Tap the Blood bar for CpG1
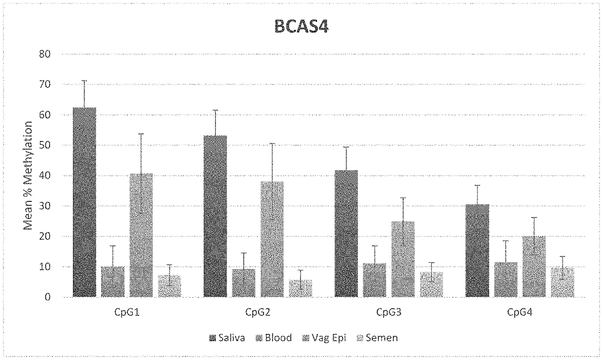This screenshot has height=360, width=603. (x=113, y=282)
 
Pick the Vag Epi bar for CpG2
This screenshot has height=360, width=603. (x=272, y=239)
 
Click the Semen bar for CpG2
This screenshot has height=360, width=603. (x=301, y=288)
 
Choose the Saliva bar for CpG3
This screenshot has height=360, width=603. (x=346, y=234)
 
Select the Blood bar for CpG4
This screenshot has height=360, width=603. (x=506, y=280)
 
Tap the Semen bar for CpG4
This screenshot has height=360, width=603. (x=563, y=282)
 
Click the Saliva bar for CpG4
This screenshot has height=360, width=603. (x=477, y=251)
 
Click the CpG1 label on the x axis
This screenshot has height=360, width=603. (x=127, y=313)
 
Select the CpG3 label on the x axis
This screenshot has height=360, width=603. (x=388, y=313)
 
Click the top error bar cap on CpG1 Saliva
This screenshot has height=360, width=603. (x=85, y=81)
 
